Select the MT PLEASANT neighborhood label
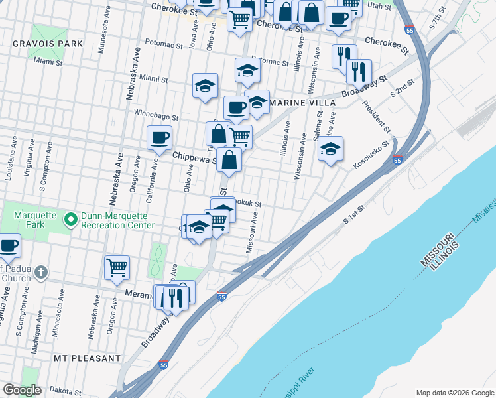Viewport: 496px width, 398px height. coord(88,358)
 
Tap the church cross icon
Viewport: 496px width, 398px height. coord(40,272)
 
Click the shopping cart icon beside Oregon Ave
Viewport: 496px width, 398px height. coord(117,267)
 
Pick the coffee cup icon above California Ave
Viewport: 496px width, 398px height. coord(159,137)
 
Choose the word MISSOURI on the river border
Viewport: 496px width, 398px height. coord(436,249)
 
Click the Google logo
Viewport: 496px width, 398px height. coord(22,391)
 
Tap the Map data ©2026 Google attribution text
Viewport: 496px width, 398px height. coord(455,392)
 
